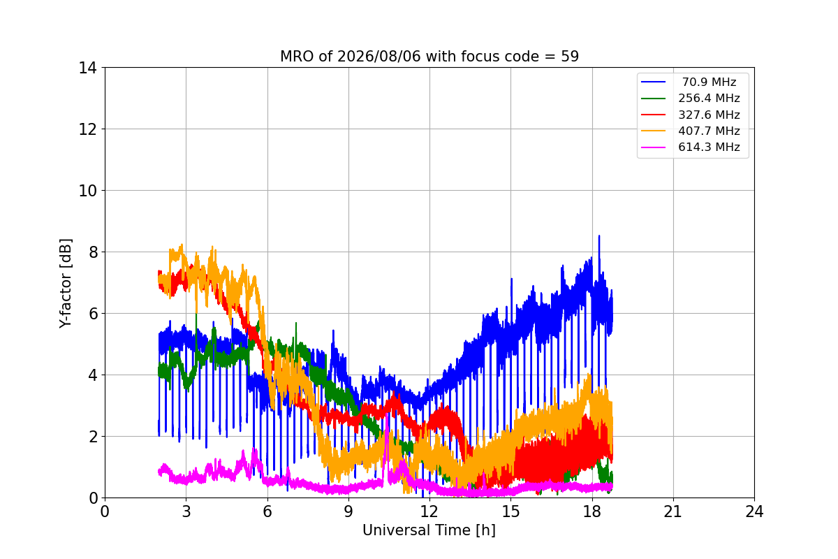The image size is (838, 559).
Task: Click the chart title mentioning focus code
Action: [429, 57]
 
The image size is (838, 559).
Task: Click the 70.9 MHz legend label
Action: [709, 82]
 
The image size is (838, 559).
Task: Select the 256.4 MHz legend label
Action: [709, 98]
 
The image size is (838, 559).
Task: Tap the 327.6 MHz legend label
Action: [709, 115]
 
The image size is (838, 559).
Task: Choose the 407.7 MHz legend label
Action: [709, 131]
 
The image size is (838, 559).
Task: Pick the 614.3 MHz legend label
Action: [709, 147]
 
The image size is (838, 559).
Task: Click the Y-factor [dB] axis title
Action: [66, 284]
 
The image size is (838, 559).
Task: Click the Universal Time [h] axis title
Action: [429, 530]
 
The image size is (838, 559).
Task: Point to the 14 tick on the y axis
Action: [87, 68]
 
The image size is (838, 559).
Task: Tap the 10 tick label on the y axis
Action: [87, 191]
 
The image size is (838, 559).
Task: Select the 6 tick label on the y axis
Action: [93, 314]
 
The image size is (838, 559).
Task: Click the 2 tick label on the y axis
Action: [93, 437]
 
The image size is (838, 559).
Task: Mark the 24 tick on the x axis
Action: [754, 511]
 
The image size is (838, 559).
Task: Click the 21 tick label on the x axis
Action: [673, 511]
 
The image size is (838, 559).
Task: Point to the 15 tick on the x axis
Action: [510, 511]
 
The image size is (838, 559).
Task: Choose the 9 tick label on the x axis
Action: [348, 511]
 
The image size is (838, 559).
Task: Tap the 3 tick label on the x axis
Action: [186, 511]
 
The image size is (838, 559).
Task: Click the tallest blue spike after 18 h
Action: [599, 236]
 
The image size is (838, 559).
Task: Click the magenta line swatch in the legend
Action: [653, 147]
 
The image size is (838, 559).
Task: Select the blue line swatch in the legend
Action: [653, 82]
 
